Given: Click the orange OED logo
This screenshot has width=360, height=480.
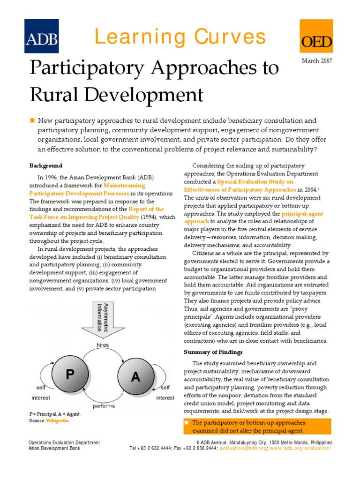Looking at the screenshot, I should (317, 36).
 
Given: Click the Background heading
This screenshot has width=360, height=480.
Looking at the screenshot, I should (46, 165).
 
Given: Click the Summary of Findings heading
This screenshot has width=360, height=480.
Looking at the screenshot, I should (213, 352).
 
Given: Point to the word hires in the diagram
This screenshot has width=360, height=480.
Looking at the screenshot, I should (102, 345).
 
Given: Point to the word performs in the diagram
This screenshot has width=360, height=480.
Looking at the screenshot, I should (104, 406).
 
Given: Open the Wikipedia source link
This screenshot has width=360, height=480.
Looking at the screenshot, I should (57, 421).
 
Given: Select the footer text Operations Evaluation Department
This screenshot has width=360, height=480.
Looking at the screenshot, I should (64, 442).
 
